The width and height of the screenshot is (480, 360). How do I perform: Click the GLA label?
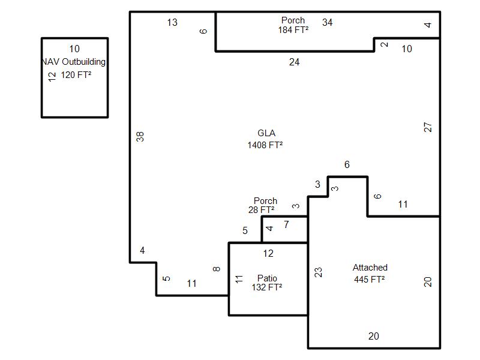click(x=266, y=133)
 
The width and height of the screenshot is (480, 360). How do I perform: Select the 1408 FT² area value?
click(x=265, y=145)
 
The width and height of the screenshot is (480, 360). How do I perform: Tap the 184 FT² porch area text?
click(x=293, y=30)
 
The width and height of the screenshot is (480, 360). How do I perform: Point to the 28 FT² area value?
click(x=262, y=209)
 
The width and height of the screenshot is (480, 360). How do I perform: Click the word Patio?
click(x=267, y=278)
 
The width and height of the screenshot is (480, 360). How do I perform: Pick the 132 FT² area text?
click(x=267, y=287)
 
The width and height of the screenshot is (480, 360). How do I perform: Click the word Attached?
click(x=370, y=268)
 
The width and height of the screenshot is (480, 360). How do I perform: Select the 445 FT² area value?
click(x=370, y=280)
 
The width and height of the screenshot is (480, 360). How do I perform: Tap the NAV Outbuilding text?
click(x=73, y=62)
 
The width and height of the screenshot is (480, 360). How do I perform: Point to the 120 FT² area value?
click(x=76, y=75)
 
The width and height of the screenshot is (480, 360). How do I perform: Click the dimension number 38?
click(x=140, y=137)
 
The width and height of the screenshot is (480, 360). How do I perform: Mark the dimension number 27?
click(x=428, y=127)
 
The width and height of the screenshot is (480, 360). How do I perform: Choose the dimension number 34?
click(x=327, y=22)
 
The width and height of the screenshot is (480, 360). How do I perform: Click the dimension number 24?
click(x=294, y=62)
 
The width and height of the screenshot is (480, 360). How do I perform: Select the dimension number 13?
click(x=172, y=22)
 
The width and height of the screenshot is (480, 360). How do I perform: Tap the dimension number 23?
click(x=319, y=272)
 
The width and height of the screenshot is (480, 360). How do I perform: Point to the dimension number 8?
click(x=217, y=269)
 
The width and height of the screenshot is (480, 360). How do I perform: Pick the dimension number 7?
click(x=286, y=224)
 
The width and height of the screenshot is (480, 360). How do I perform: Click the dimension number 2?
click(x=384, y=44)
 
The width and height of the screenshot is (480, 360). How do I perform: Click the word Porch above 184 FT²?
click(x=293, y=20)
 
